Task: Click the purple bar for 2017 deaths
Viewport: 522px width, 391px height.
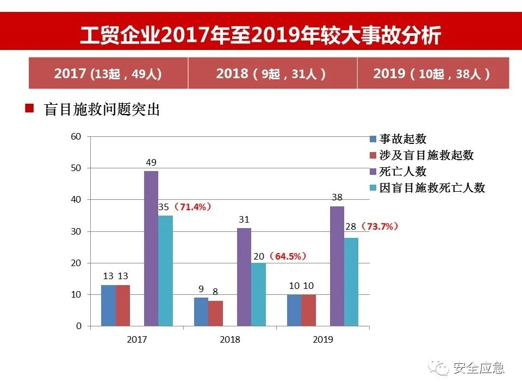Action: tap(151, 248)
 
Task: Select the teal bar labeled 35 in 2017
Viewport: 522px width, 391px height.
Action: tap(165, 270)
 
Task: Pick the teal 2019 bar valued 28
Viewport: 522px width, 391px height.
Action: tap(351, 282)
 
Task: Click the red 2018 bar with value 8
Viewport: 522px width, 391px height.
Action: tap(215, 313)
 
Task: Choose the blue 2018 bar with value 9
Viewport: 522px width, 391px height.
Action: tap(201, 312)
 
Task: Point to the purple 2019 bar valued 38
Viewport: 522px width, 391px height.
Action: tap(337, 266)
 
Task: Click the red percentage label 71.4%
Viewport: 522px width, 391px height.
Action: tap(192, 207)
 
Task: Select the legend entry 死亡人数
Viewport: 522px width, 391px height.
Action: tap(402, 172)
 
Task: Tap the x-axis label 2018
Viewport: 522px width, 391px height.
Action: tap(230, 340)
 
